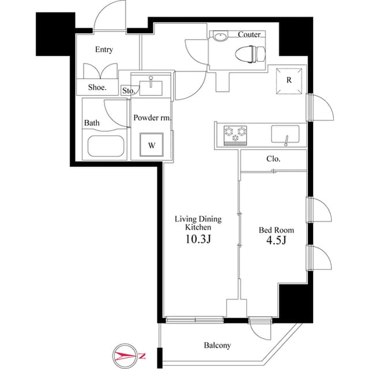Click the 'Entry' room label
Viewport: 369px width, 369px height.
(x=104, y=50)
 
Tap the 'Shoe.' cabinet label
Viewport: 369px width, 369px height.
(x=97, y=88)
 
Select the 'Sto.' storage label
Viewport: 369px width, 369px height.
(x=128, y=91)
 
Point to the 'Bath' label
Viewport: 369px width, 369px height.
(x=92, y=123)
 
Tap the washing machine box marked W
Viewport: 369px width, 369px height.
(x=151, y=145)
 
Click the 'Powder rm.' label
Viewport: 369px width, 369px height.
(x=152, y=118)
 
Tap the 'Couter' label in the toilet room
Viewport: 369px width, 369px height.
(x=249, y=35)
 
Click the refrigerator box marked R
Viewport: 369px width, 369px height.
(x=288, y=81)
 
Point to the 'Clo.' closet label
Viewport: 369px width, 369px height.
(x=273, y=159)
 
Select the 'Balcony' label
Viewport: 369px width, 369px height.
(x=217, y=345)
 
